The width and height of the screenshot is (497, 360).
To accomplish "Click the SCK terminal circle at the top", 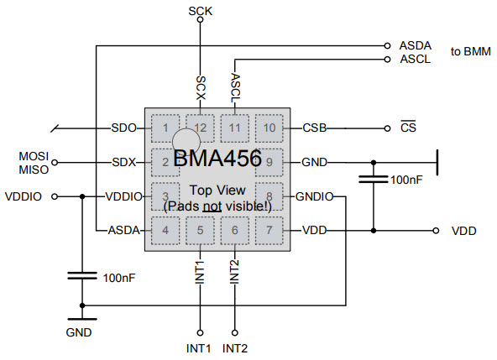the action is [200, 19].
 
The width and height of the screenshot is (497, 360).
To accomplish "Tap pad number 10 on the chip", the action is [269, 128].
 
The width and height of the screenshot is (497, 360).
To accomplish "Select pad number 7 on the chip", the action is [269, 231].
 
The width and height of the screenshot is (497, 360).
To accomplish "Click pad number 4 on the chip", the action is [165, 231].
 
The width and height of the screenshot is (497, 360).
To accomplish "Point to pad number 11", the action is [234, 128].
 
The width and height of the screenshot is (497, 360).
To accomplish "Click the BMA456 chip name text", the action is [217, 158].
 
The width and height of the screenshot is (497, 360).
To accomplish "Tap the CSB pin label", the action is [315, 128].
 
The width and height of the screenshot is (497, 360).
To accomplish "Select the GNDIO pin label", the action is [315, 197].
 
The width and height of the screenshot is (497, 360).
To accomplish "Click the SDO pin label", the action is [123, 128].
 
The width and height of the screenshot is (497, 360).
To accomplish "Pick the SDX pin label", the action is [124, 162].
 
